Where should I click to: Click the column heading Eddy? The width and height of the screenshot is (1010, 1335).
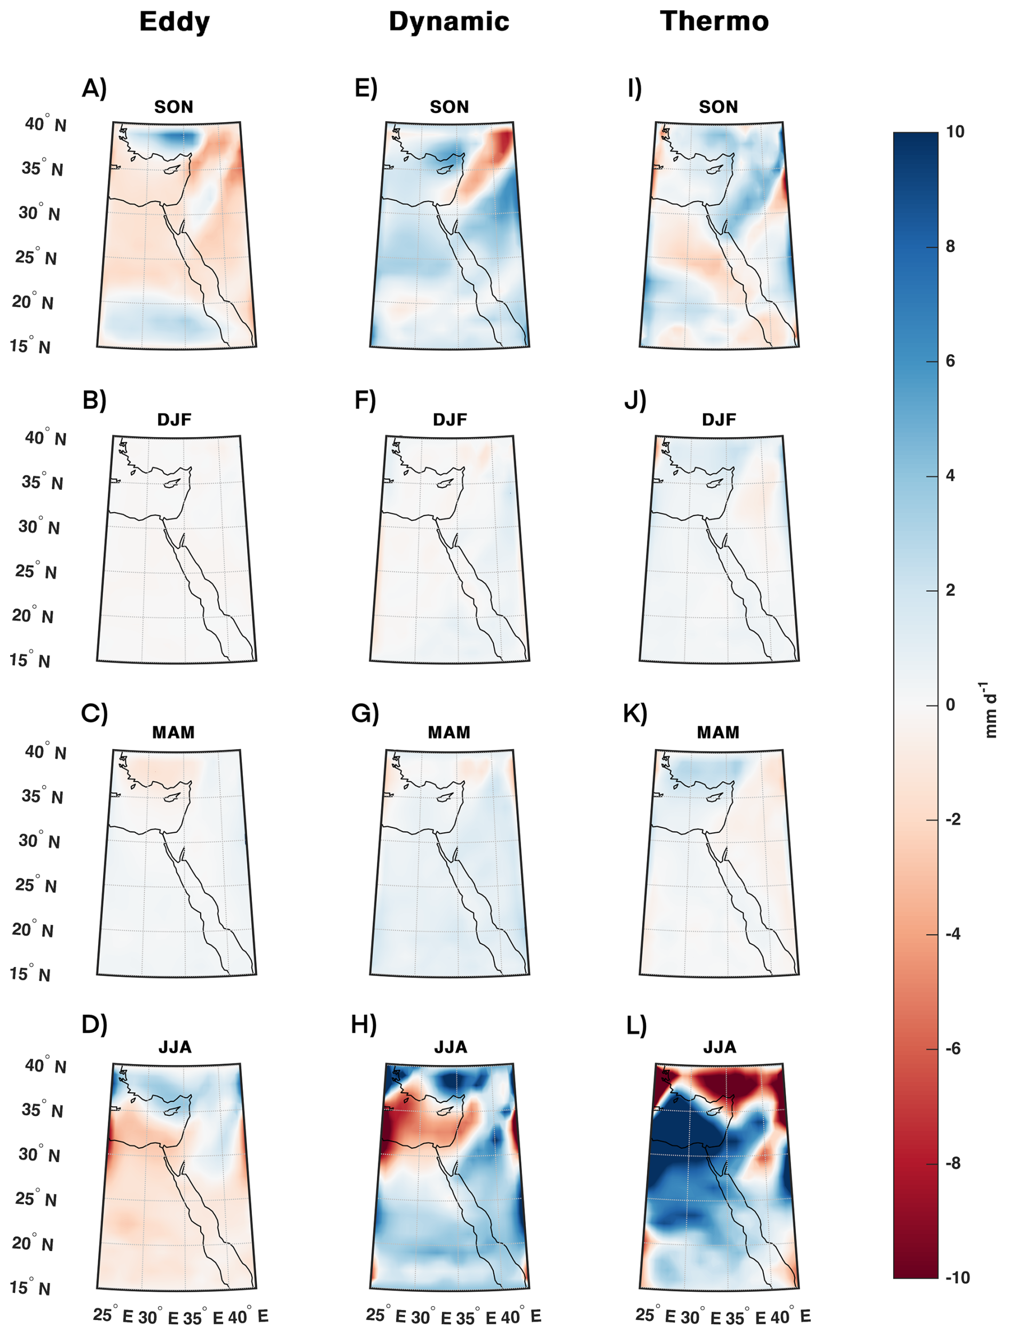point(175,22)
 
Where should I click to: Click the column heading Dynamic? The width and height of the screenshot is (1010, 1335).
point(448,22)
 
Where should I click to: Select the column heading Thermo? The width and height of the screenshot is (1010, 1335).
point(714,22)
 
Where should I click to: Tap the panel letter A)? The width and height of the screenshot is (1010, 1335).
point(94,88)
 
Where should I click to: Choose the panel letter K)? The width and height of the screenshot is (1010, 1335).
point(635,713)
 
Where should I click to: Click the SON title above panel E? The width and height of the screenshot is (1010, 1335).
point(449,107)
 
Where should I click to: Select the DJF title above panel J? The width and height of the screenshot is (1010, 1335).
point(719,419)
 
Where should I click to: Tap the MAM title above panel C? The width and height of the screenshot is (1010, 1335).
point(173,732)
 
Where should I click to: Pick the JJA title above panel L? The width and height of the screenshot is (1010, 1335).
point(719,1047)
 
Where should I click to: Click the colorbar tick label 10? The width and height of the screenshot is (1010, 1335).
point(955,132)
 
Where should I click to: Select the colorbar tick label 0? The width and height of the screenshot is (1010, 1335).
point(950,704)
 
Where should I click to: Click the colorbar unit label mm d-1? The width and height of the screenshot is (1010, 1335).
point(990,710)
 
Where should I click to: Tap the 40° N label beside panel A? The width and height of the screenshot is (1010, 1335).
point(46,124)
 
